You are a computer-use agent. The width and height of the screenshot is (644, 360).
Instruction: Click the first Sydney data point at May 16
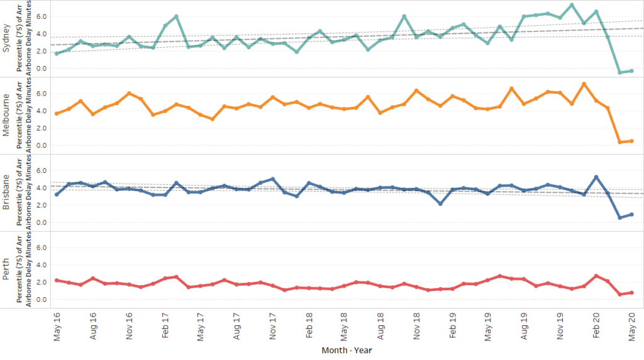[x=57, y=53]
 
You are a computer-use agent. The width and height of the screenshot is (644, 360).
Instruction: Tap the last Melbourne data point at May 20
[x=631, y=141]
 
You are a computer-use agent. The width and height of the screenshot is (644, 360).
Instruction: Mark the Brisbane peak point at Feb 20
[x=596, y=177]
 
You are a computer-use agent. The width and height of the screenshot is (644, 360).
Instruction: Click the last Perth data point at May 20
[x=631, y=293]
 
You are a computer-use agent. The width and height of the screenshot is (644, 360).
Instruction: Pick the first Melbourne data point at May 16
[x=57, y=114]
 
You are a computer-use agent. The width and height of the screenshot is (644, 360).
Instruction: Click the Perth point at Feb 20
[x=596, y=276]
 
